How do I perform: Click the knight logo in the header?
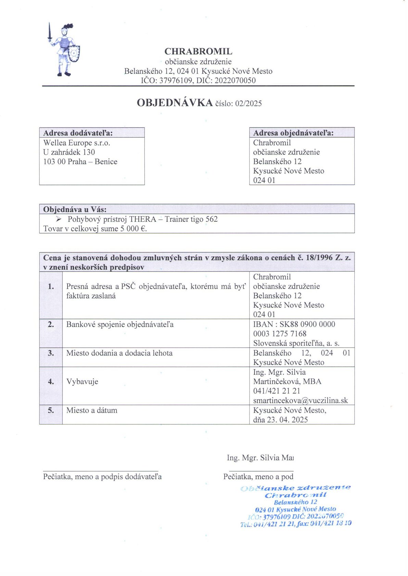pos(64,50)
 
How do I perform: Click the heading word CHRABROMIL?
pos(198,52)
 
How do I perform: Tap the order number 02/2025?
pos(248,104)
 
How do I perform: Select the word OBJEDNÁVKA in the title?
pos(175,103)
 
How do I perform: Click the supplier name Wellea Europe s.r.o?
pos(77,143)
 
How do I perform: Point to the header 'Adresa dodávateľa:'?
pos(78,133)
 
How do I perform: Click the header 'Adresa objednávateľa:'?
pos(293,133)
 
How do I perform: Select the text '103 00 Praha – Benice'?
pos(80,162)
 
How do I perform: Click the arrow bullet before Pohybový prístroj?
pos(59,219)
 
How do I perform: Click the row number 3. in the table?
pos(51,353)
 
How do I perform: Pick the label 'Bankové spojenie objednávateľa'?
pos(120,324)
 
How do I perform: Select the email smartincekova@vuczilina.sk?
pos(301,401)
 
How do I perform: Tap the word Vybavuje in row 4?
pos(82,382)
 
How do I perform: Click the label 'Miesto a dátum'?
pos(92,410)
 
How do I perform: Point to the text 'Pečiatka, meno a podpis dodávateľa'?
pos(102,477)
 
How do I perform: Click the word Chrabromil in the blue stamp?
pos(296,495)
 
